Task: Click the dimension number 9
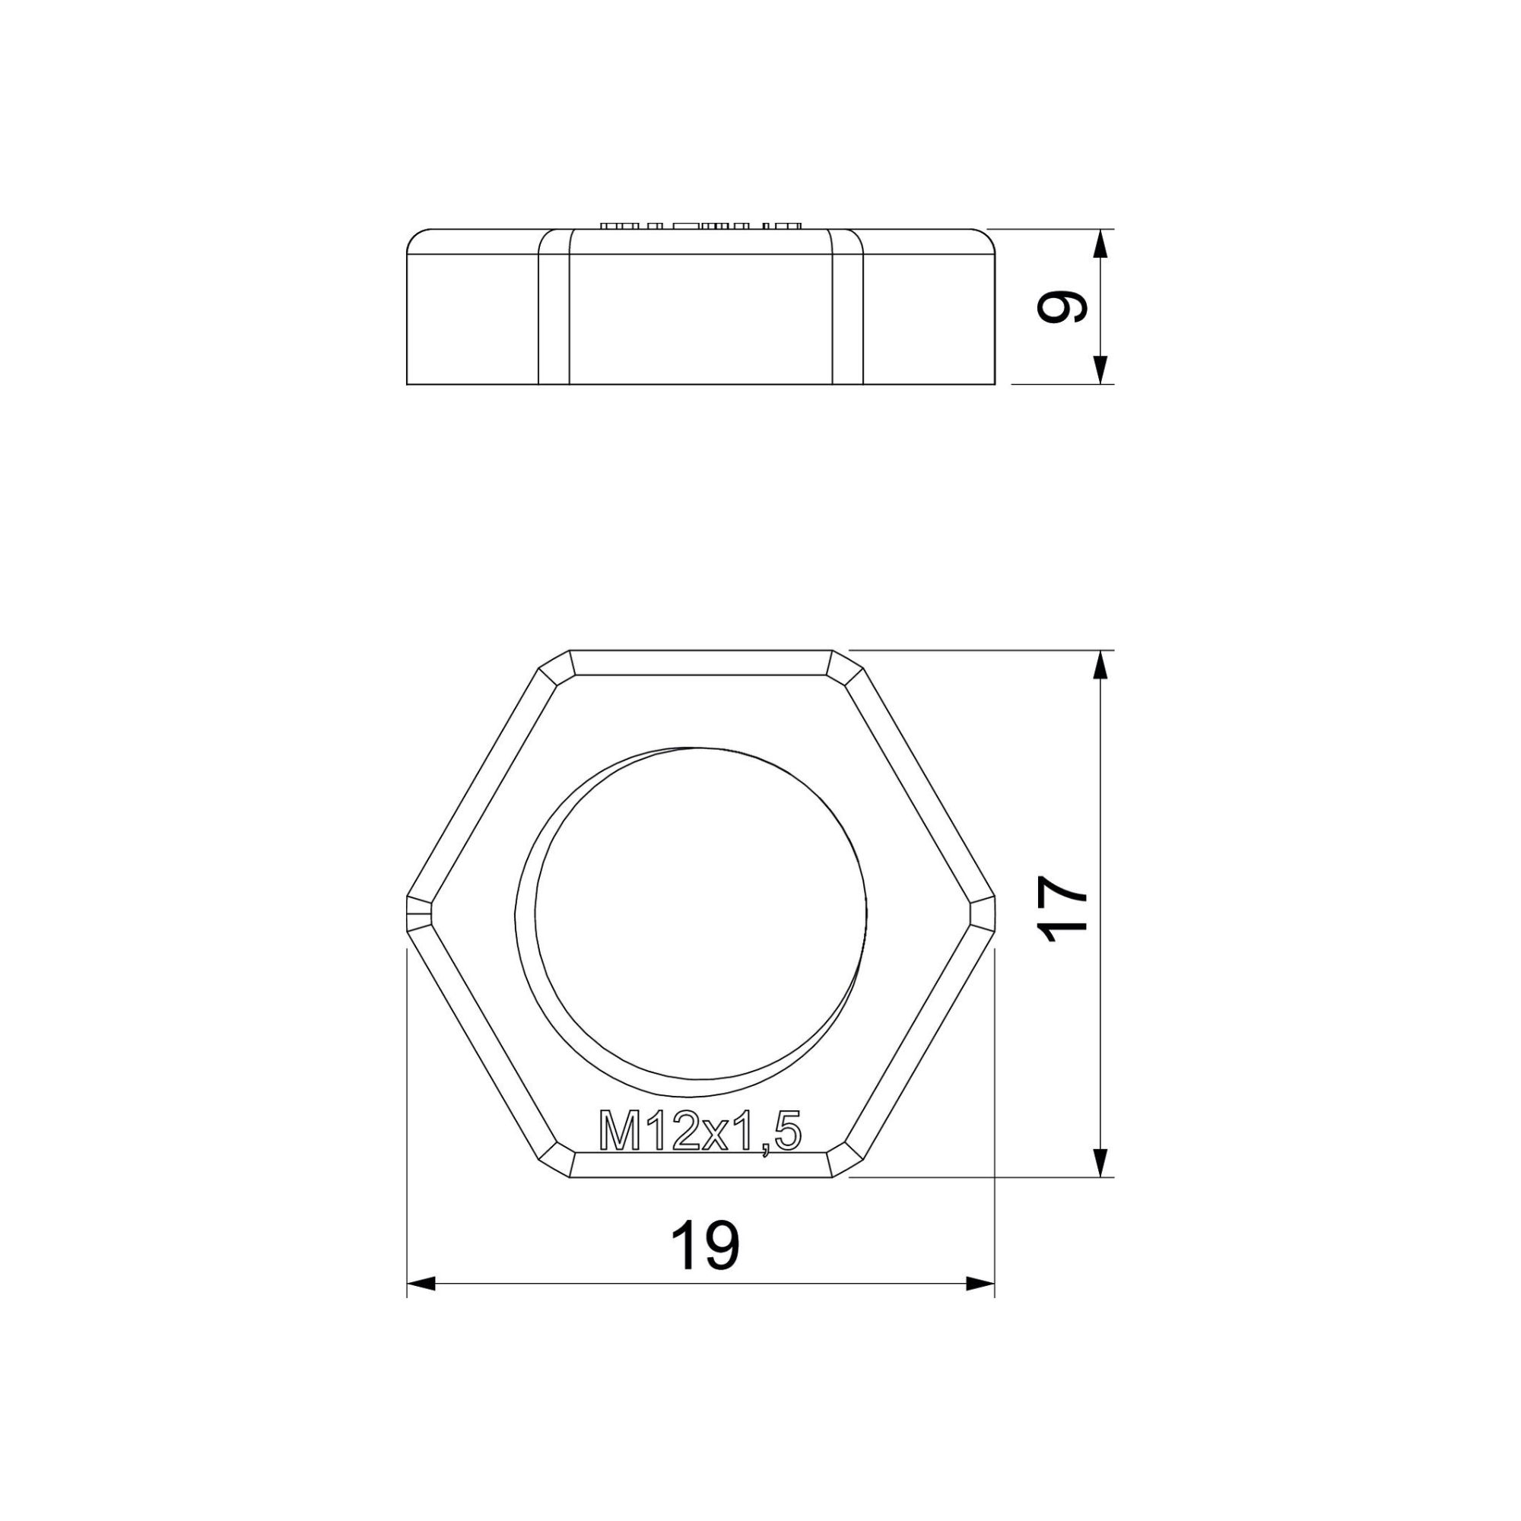pos(1063,307)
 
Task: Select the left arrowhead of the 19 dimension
pos(421,1283)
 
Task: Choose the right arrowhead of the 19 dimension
pos(981,1283)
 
